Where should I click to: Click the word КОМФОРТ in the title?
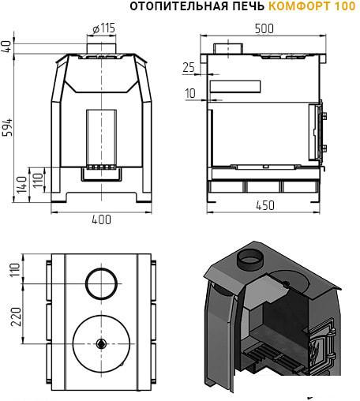tap(299, 6)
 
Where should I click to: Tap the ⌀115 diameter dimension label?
tap(104, 28)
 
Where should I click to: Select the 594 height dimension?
tap(8, 128)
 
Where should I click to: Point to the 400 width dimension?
tap(101, 219)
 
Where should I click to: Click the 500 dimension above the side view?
tap(264, 28)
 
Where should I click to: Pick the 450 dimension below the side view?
tap(265, 205)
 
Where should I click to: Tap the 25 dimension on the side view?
tap(189, 68)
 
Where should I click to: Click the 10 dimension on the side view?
tap(190, 93)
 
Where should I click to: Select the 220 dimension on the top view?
tap(16, 317)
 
